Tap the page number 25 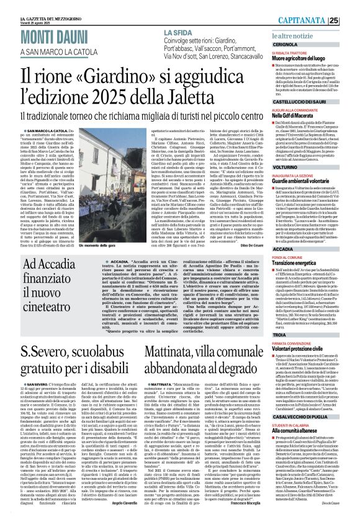tap(351, 20)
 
